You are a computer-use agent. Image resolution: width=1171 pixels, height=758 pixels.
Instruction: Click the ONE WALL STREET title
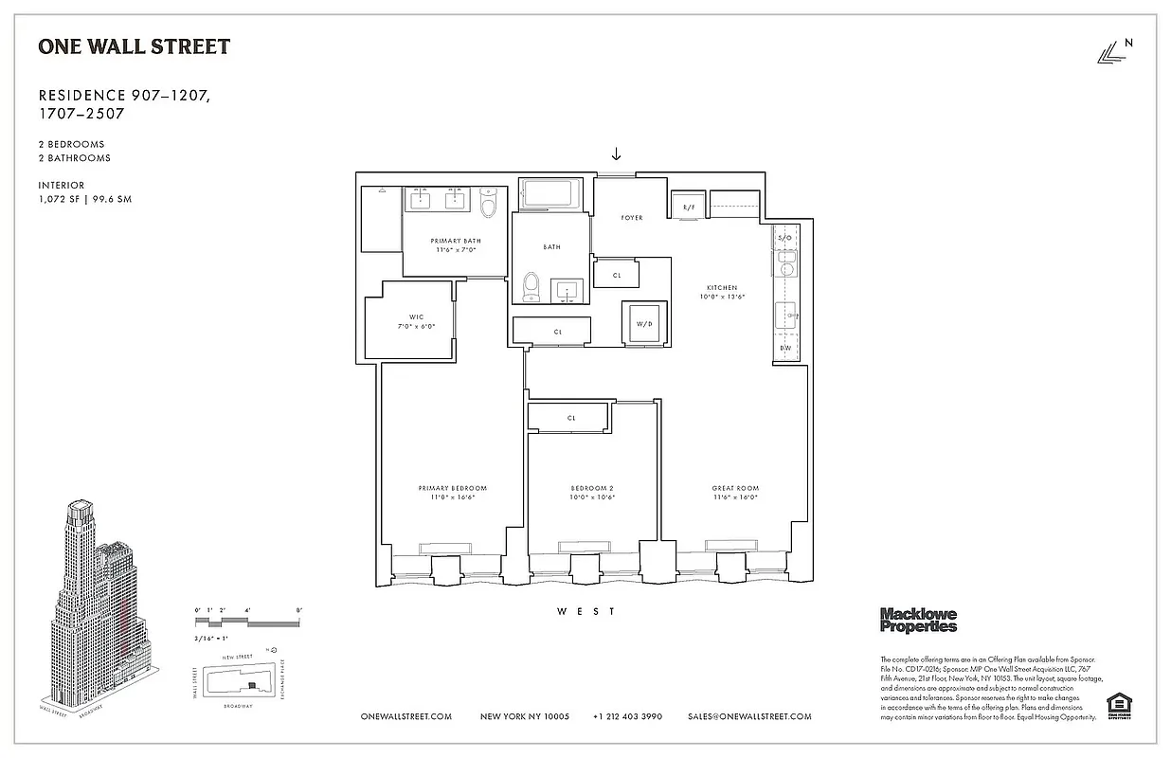134,46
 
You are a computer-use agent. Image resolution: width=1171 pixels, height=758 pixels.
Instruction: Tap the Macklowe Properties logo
918,620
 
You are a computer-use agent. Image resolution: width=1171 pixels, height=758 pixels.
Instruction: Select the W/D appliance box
644,323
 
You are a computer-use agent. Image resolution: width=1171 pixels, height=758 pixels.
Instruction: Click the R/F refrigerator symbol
689,206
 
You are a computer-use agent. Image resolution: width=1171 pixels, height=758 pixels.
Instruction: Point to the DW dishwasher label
784,348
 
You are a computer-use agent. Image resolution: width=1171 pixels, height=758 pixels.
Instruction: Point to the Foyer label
632,218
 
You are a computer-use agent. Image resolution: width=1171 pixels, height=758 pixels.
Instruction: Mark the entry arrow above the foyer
616,153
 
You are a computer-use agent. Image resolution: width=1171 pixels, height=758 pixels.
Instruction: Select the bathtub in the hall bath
553,194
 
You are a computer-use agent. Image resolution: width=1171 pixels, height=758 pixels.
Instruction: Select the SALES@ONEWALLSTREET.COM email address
749,716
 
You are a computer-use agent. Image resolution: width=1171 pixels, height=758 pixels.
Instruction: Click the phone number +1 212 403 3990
627,716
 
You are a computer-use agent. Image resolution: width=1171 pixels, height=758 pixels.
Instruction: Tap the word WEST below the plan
585,612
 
